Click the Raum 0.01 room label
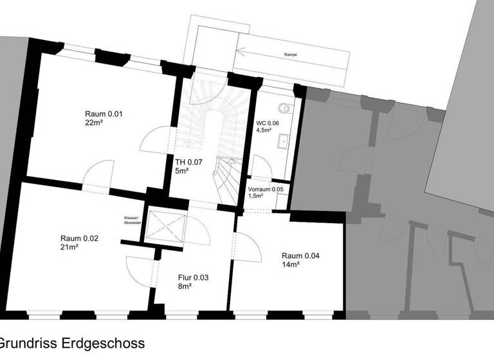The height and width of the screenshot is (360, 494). [x=103, y=114]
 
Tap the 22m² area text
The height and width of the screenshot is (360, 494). [x=93, y=122]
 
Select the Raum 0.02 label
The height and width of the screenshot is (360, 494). [x=79, y=238]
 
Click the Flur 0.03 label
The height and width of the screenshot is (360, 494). [x=194, y=278]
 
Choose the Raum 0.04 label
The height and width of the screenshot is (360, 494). [x=300, y=256]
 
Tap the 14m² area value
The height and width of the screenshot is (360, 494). [x=291, y=264]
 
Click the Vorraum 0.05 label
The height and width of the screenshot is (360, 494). [x=266, y=189]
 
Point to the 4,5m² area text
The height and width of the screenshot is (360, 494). [x=264, y=130]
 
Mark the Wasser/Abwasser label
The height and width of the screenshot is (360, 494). [x=133, y=220]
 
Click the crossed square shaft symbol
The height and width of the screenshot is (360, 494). [x=165, y=228]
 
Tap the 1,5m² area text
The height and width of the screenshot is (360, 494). [x=256, y=196]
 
